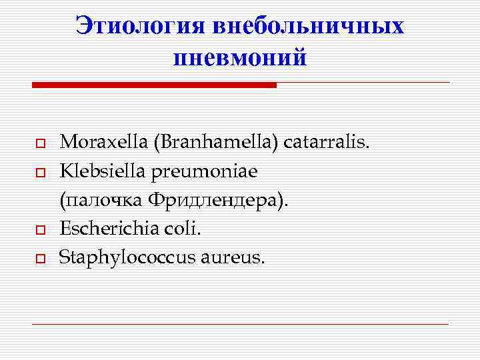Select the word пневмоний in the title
pyautogui.click(x=240, y=57)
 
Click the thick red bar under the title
pyautogui.click(x=154, y=85)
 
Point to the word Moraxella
pyautogui.click(x=95, y=142)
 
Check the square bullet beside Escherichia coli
pyautogui.click(x=40, y=230)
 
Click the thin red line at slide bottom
pyautogui.click(x=240, y=324)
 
